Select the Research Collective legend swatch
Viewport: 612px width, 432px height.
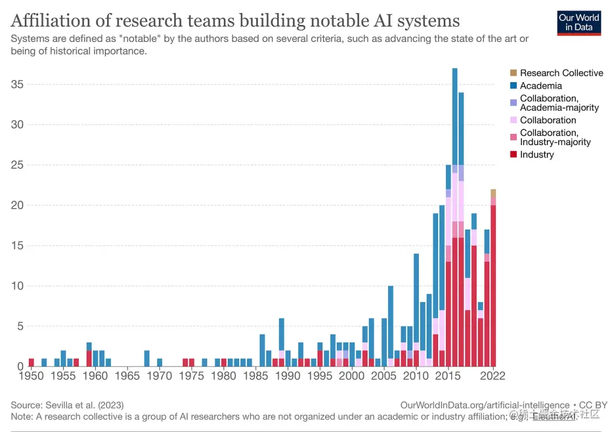click(513, 73)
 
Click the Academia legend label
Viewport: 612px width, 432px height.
click(541, 86)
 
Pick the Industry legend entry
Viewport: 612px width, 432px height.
click(537, 155)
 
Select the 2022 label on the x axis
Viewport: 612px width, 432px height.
click(493, 376)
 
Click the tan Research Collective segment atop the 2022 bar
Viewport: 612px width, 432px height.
click(493, 193)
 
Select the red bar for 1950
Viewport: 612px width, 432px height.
click(31, 362)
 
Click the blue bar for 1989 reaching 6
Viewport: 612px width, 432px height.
click(282, 334)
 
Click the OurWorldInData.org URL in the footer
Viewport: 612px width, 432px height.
click(484, 405)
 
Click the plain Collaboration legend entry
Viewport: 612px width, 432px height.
click(547, 120)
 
